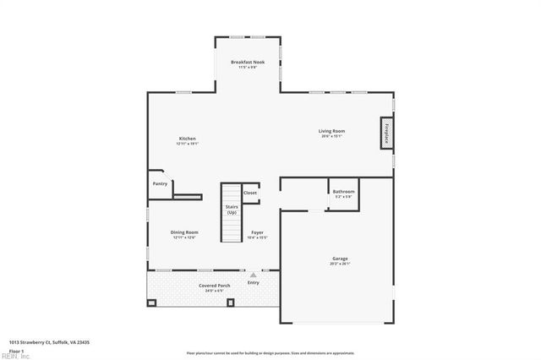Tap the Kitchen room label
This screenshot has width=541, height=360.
point(187,139)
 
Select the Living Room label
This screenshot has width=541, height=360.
point(330,130)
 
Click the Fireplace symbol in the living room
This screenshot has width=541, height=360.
point(387,135)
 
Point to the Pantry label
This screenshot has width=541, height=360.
point(160,183)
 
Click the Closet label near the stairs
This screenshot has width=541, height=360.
point(250,193)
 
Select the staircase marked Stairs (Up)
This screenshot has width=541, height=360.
point(231,212)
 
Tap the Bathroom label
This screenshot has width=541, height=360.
point(343,192)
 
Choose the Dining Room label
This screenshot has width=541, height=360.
point(184,232)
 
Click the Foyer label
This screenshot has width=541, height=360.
point(257,232)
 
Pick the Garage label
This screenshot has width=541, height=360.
point(340,259)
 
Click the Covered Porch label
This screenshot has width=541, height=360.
point(215,286)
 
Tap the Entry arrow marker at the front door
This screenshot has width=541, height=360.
point(252,275)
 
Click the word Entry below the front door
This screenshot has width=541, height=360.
point(253,283)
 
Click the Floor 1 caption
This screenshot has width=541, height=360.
point(17,350)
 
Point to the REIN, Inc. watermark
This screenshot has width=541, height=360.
point(14,356)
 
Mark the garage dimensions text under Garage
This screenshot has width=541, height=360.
point(340,264)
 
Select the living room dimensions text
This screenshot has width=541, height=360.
point(330,136)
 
